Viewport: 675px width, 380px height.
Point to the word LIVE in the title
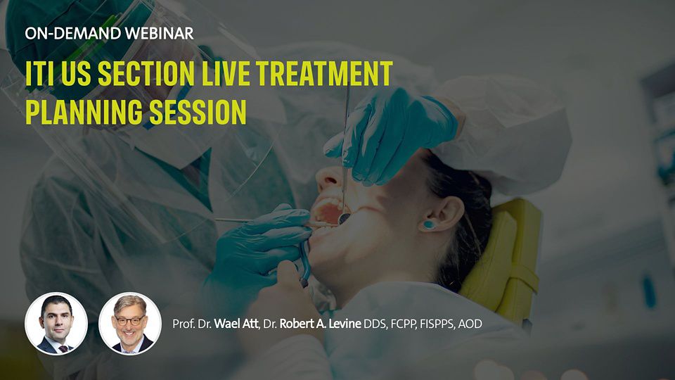226,74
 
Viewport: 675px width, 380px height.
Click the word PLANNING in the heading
84,112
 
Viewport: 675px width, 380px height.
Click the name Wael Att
236,324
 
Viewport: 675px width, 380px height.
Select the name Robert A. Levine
321,324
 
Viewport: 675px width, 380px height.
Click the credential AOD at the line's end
470,324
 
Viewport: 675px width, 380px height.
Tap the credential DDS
375,324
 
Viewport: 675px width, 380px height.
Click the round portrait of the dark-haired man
56,324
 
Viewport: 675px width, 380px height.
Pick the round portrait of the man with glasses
130,324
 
